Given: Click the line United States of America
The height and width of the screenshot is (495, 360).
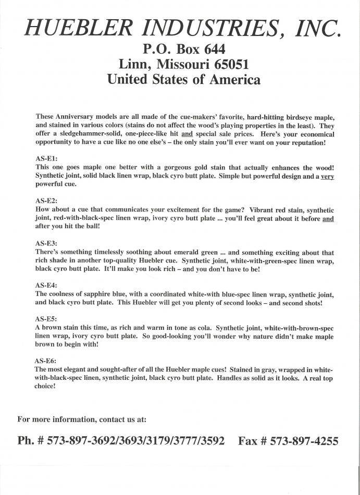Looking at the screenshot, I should (183, 80).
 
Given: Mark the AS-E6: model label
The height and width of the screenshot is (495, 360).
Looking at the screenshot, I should (46, 361).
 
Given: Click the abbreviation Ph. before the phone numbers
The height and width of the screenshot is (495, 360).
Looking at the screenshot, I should (26, 441).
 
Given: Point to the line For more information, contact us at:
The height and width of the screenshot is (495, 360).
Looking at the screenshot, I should (82, 419).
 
